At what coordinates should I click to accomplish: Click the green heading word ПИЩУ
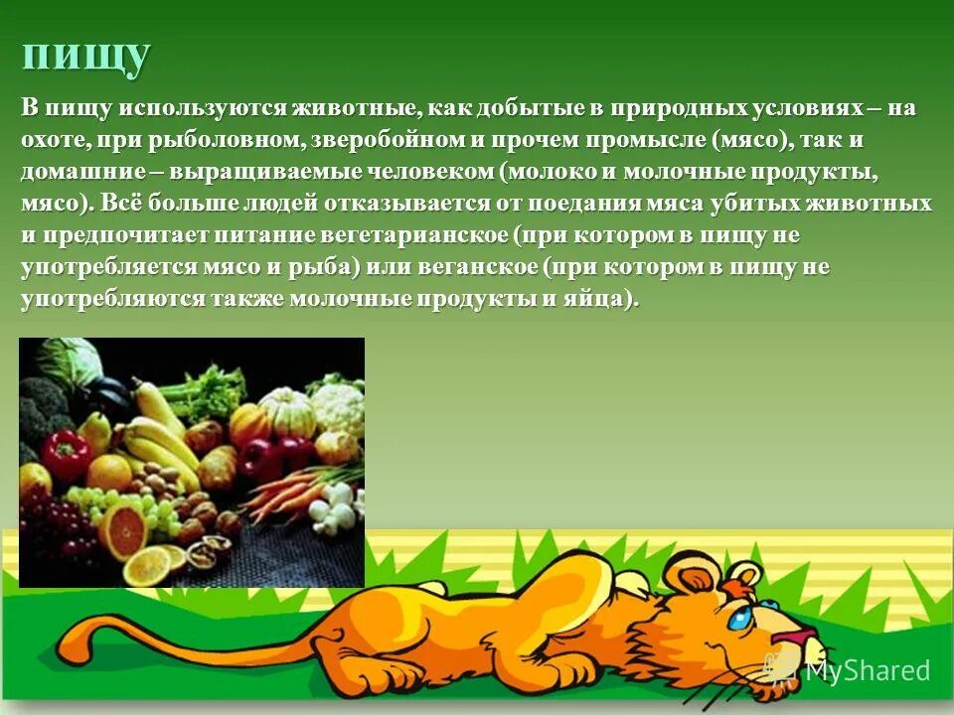86,57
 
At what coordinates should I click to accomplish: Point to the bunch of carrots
283,487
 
